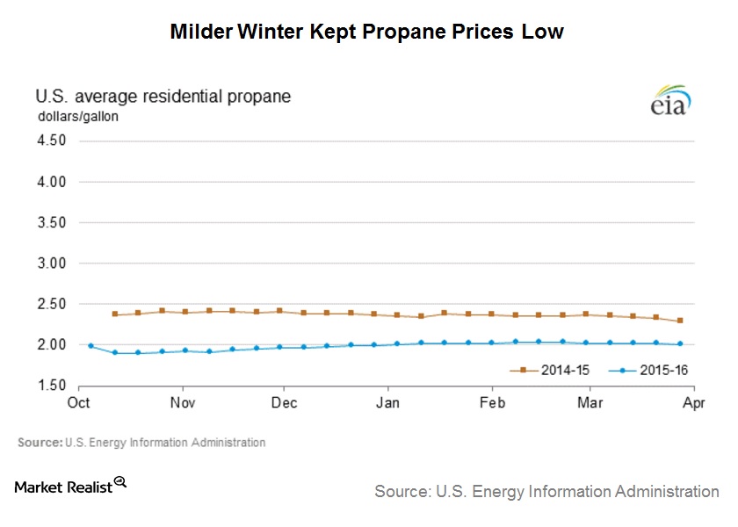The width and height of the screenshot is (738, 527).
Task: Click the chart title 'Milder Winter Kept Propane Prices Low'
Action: pyautogui.click(x=366, y=32)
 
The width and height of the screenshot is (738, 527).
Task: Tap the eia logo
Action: pyautogui.click(x=670, y=100)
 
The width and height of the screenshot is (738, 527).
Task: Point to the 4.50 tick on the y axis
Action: pyautogui.click(x=53, y=141)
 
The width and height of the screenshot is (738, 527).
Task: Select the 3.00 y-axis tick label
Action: pyautogui.click(x=53, y=263)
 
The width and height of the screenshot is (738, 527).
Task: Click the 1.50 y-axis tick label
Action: pyautogui.click(x=53, y=386)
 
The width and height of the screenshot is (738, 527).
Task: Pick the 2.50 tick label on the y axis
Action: pyautogui.click(x=53, y=304)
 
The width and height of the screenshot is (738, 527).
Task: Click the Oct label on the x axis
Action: pyautogui.click(x=79, y=403)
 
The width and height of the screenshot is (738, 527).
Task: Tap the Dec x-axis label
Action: pyautogui.click(x=285, y=403)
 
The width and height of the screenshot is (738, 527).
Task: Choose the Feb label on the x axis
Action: pyautogui.click(x=491, y=403)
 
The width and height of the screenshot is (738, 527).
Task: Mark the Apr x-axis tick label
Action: pyautogui.click(x=693, y=403)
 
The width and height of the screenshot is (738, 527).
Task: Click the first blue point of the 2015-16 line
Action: pyautogui.click(x=90, y=346)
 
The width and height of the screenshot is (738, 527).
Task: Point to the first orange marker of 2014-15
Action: pyautogui.click(x=115, y=314)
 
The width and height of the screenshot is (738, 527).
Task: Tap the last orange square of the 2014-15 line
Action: pyautogui.click(x=681, y=321)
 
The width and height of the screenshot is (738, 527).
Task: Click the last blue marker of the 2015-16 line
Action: pyautogui.click(x=681, y=344)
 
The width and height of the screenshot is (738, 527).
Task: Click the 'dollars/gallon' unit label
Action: pyautogui.click(x=77, y=115)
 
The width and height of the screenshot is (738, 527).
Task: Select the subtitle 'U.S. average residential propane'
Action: pyautogui.click(x=163, y=96)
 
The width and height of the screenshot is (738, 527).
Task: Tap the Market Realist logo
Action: pyautogui.click(x=71, y=486)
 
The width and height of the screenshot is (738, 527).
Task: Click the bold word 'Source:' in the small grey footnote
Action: pyautogui.click(x=40, y=443)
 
